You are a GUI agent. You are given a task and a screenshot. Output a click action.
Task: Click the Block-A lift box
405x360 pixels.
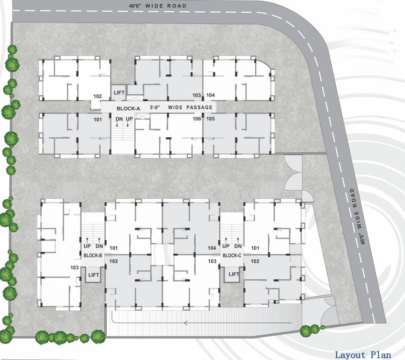(119, 92)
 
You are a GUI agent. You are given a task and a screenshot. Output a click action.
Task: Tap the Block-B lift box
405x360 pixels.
(93, 275)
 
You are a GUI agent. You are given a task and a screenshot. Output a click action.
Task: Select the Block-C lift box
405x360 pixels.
(234, 274)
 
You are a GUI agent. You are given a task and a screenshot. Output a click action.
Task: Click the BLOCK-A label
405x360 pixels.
(128, 108)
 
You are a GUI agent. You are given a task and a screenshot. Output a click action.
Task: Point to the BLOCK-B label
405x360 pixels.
(93, 255)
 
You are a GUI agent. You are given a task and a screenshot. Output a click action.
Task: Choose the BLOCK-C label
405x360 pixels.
(232, 255)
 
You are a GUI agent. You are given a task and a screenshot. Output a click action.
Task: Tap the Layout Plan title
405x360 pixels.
(362, 354)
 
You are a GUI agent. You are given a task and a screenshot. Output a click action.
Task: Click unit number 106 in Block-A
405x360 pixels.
(197, 119)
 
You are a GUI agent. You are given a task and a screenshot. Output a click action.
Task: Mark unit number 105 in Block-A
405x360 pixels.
(210, 119)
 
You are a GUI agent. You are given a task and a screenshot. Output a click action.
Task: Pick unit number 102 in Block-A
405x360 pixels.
(97, 96)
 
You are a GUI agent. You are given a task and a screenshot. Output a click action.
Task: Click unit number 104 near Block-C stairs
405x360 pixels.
(212, 248)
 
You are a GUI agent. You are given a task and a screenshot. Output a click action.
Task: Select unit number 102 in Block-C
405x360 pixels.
(255, 261)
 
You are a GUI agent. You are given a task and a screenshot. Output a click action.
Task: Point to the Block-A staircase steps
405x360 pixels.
(123, 136)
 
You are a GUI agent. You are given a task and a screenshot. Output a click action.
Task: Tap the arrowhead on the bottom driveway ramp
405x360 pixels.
(186, 322)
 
